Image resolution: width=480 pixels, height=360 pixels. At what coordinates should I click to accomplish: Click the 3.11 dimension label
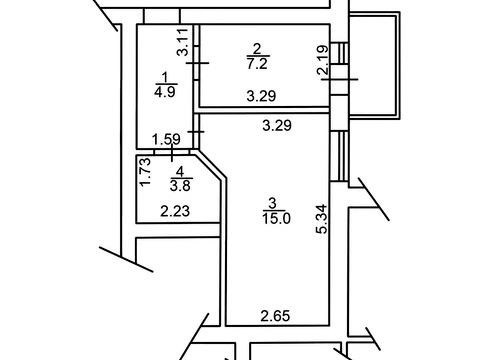tap(183, 42)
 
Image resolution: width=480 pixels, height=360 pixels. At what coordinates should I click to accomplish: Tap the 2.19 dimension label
tap(323, 59)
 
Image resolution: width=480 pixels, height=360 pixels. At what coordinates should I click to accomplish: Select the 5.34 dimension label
tap(323, 219)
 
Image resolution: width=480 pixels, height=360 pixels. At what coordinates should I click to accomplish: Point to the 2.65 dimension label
tap(275, 316)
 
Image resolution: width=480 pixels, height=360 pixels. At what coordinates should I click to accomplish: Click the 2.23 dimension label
tap(175, 211)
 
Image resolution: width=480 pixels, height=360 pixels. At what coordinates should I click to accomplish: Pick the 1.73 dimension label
tap(146, 172)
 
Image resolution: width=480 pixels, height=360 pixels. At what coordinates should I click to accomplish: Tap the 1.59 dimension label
tap(166, 139)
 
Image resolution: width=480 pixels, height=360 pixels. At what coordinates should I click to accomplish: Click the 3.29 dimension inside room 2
tap(261, 96)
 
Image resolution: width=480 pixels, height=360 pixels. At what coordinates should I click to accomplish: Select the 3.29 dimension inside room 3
tap(277, 126)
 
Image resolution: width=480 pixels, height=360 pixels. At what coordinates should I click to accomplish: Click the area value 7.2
tap(257, 63)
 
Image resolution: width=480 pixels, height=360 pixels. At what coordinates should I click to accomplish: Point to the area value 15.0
tap(276, 219)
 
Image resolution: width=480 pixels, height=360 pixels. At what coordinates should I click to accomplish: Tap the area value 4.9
tap(165, 91)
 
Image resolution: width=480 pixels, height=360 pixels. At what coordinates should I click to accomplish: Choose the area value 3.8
tap(180, 186)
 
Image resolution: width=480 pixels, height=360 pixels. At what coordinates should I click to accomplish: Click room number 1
tap(164, 78)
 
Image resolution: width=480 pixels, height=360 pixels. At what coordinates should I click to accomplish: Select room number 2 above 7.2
tap(257, 50)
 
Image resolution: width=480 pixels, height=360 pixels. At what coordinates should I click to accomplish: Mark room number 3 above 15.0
tap(272, 203)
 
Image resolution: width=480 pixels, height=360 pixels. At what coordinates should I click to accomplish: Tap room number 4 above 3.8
tap(180, 172)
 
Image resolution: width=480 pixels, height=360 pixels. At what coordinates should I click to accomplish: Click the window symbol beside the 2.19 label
tap(339, 53)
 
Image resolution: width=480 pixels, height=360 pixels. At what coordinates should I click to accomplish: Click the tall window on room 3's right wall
tap(339, 156)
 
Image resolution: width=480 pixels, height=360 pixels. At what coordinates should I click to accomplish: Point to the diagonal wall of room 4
tap(208, 165)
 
